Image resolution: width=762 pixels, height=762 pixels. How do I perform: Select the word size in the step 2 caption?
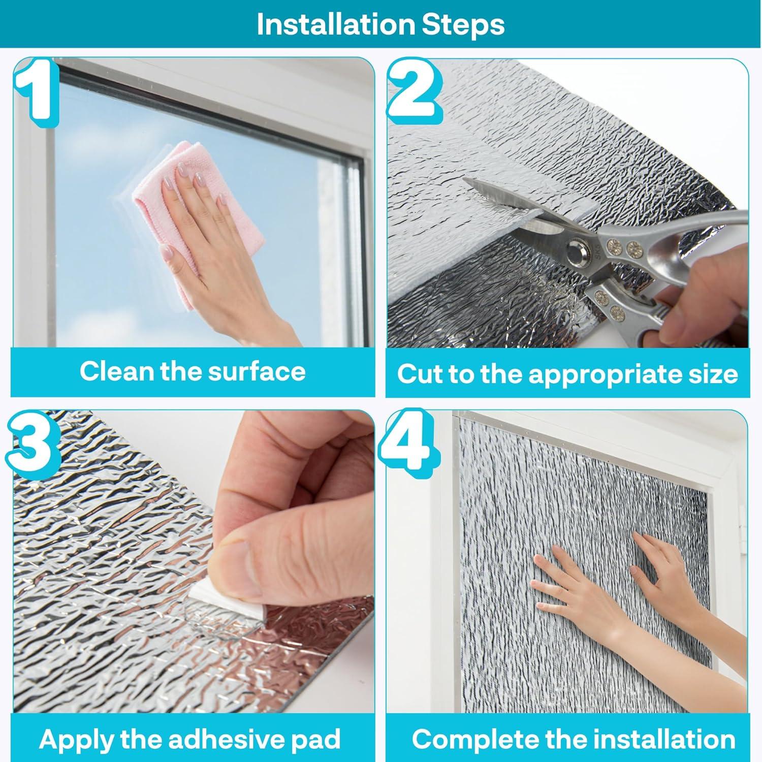713,375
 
